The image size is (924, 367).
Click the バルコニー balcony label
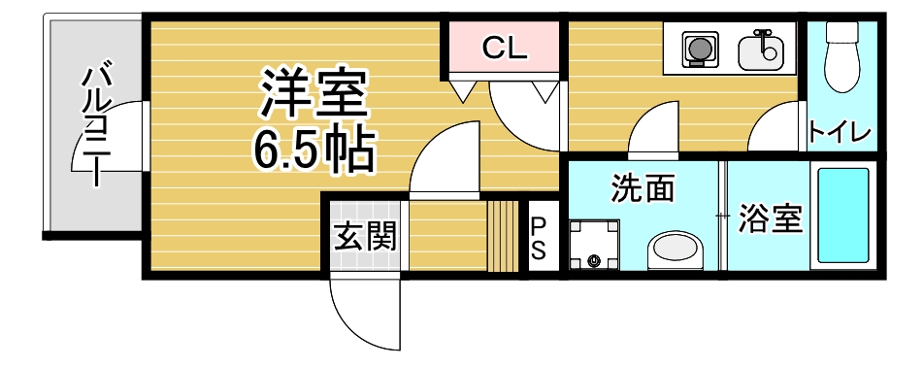tap(96, 124)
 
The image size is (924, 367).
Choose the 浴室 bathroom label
tap(770, 219)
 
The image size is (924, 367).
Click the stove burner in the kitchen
tap(696, 48)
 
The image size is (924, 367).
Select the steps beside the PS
tap(503, 236)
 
